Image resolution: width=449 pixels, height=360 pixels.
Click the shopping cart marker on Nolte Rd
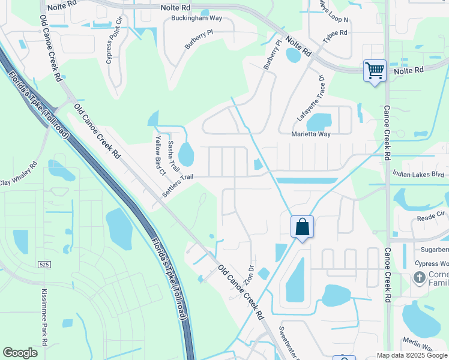[375, 71]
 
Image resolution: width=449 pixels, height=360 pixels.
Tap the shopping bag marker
[303, 228]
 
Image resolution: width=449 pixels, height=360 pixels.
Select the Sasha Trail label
[172, 155]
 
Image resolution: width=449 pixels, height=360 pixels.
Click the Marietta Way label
[311, 134]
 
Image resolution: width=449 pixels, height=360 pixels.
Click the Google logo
[20, 353]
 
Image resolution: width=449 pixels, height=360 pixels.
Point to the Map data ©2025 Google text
[412, 355]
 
